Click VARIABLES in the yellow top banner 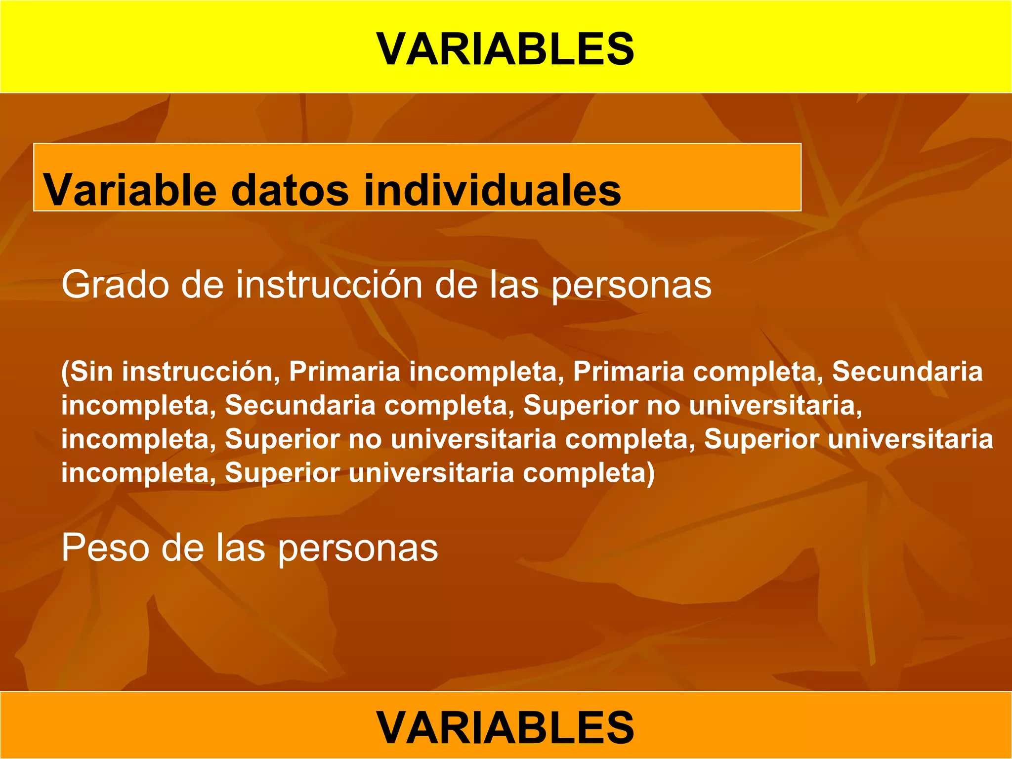(505, 49)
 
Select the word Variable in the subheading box (130, 190)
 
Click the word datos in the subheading (290, 190)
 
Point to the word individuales (492, 190)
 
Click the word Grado (115, 285)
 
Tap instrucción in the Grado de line (329, 285)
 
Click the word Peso (105, 548)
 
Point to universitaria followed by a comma (775, 405)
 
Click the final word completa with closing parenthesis (589, 473)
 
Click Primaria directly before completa (628, 372)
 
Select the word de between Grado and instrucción (202, 285)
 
